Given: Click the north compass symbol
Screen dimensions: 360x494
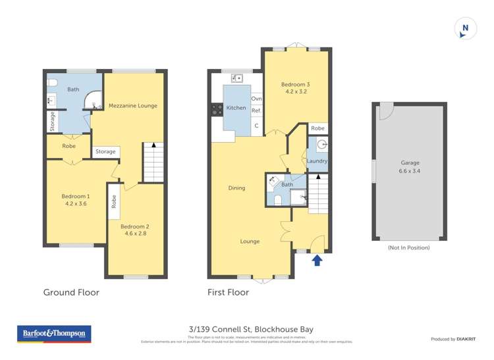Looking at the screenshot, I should pyautogui.click(x=465, y=28).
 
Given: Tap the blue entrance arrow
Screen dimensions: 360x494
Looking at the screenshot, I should pyautogui.click(x=317, y=260).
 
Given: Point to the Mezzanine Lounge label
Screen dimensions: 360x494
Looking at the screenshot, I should pyautogui.click(x=132, y=105).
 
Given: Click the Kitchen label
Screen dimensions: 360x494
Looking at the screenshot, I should pyautogui.click(x=236, y=108).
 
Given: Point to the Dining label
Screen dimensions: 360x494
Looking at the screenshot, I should pyautogui.click(x=236, y=188).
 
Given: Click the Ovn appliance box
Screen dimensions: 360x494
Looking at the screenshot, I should pyautogui.click(x=256, y=99).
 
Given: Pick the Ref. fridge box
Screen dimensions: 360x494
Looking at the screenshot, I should pyautogui.click(x=256, y=111).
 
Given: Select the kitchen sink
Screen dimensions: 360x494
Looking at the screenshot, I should pyautogui.click(x=234, y=78).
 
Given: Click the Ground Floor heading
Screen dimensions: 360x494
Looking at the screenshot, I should pyautogui.click(x=71, y=292).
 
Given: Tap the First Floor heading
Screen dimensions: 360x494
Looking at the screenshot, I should pyautogui.click(x=228, y=292).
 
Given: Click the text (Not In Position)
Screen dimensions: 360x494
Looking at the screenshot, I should pyautogui.click(x=409, y=247).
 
